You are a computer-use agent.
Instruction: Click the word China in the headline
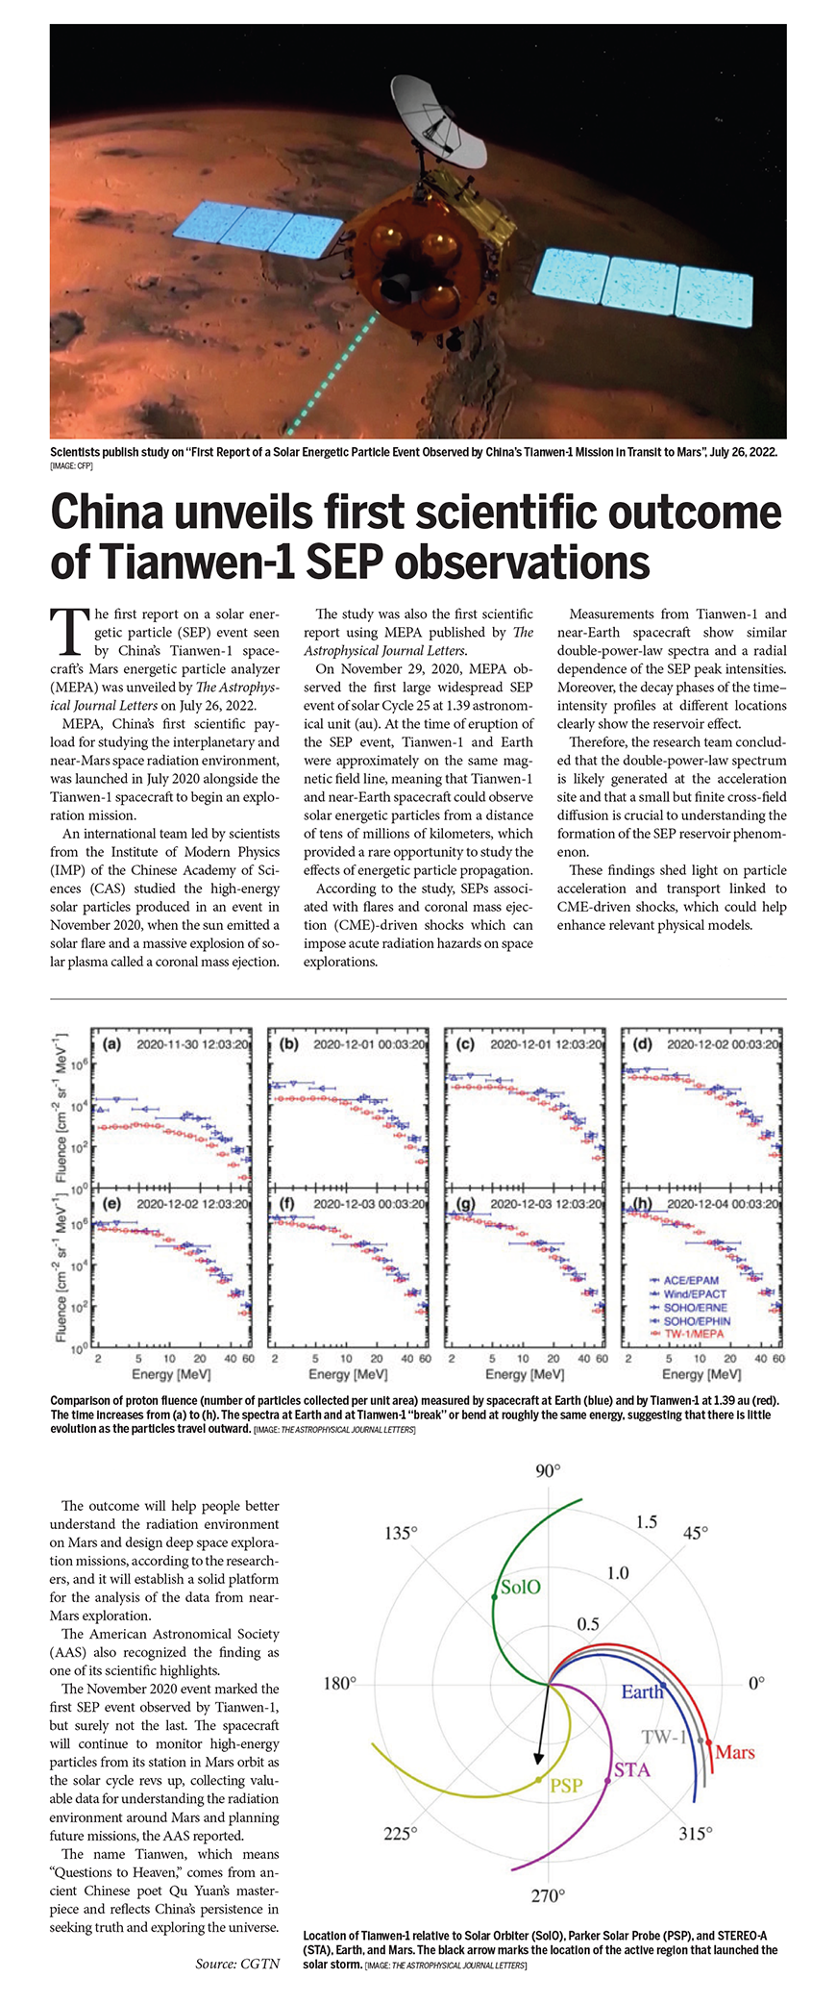click(110, 514)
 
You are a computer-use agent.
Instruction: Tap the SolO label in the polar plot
click(520, 1588)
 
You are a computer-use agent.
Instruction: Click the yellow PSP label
click(567, 1786)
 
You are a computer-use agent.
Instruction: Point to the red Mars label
click(735, 1752)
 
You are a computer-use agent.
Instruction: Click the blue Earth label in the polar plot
click(642, 1692)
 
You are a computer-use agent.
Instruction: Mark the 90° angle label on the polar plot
click(548, 1471)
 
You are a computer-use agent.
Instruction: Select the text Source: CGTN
click(237, 1964)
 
